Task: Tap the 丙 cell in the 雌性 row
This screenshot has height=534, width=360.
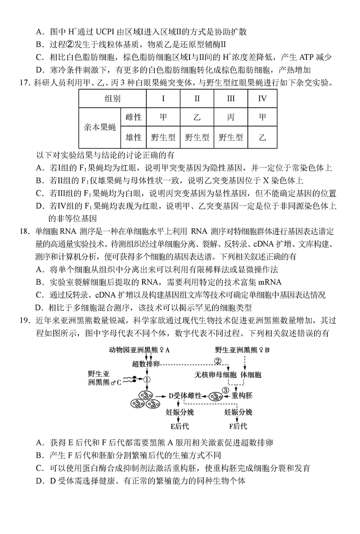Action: coord(230,118)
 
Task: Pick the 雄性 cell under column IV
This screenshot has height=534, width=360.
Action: coord(262,137)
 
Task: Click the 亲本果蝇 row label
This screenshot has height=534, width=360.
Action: coord(100,127)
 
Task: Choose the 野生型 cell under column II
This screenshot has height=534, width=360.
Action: coord(197,137)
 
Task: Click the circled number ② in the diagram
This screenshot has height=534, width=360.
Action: coord(218,361)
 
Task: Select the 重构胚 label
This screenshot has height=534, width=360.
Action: coord(243,396)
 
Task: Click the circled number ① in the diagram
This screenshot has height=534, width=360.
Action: coord(147,380)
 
